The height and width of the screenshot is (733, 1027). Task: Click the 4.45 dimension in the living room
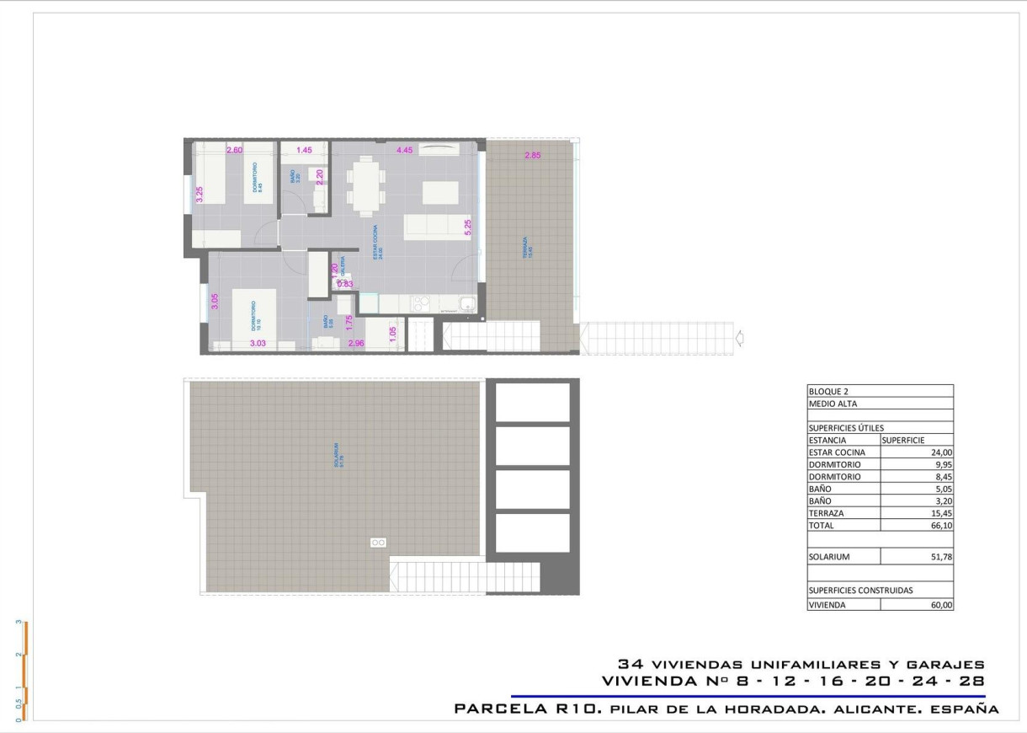click(x=405, y=151)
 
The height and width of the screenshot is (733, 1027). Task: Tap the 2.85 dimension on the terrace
click(x=533, y=155)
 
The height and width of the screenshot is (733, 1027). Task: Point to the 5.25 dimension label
click(x=468, y=226)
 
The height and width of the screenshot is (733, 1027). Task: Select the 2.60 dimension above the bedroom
click(x=235, y=151)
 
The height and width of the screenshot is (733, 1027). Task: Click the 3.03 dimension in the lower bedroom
click(x=258, y=343)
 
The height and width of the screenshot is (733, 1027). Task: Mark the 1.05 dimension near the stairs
click(x=392, y=334)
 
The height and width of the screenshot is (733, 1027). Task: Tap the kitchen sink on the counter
click(x=466, y=304)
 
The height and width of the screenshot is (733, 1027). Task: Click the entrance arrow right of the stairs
click(x=739, y=339)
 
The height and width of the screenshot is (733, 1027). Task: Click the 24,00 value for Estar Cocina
click(x=941, y=452)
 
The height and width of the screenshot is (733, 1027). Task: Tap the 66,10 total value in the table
click(x=941, y=526)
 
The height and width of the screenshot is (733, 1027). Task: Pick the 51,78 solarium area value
click(x=941, y=557)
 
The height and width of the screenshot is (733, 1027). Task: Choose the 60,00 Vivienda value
click(x=941, y=605)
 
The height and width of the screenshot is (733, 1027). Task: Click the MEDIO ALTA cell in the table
click(x=833, y=404)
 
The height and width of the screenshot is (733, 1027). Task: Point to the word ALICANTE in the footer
click(x=871, y=709)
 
